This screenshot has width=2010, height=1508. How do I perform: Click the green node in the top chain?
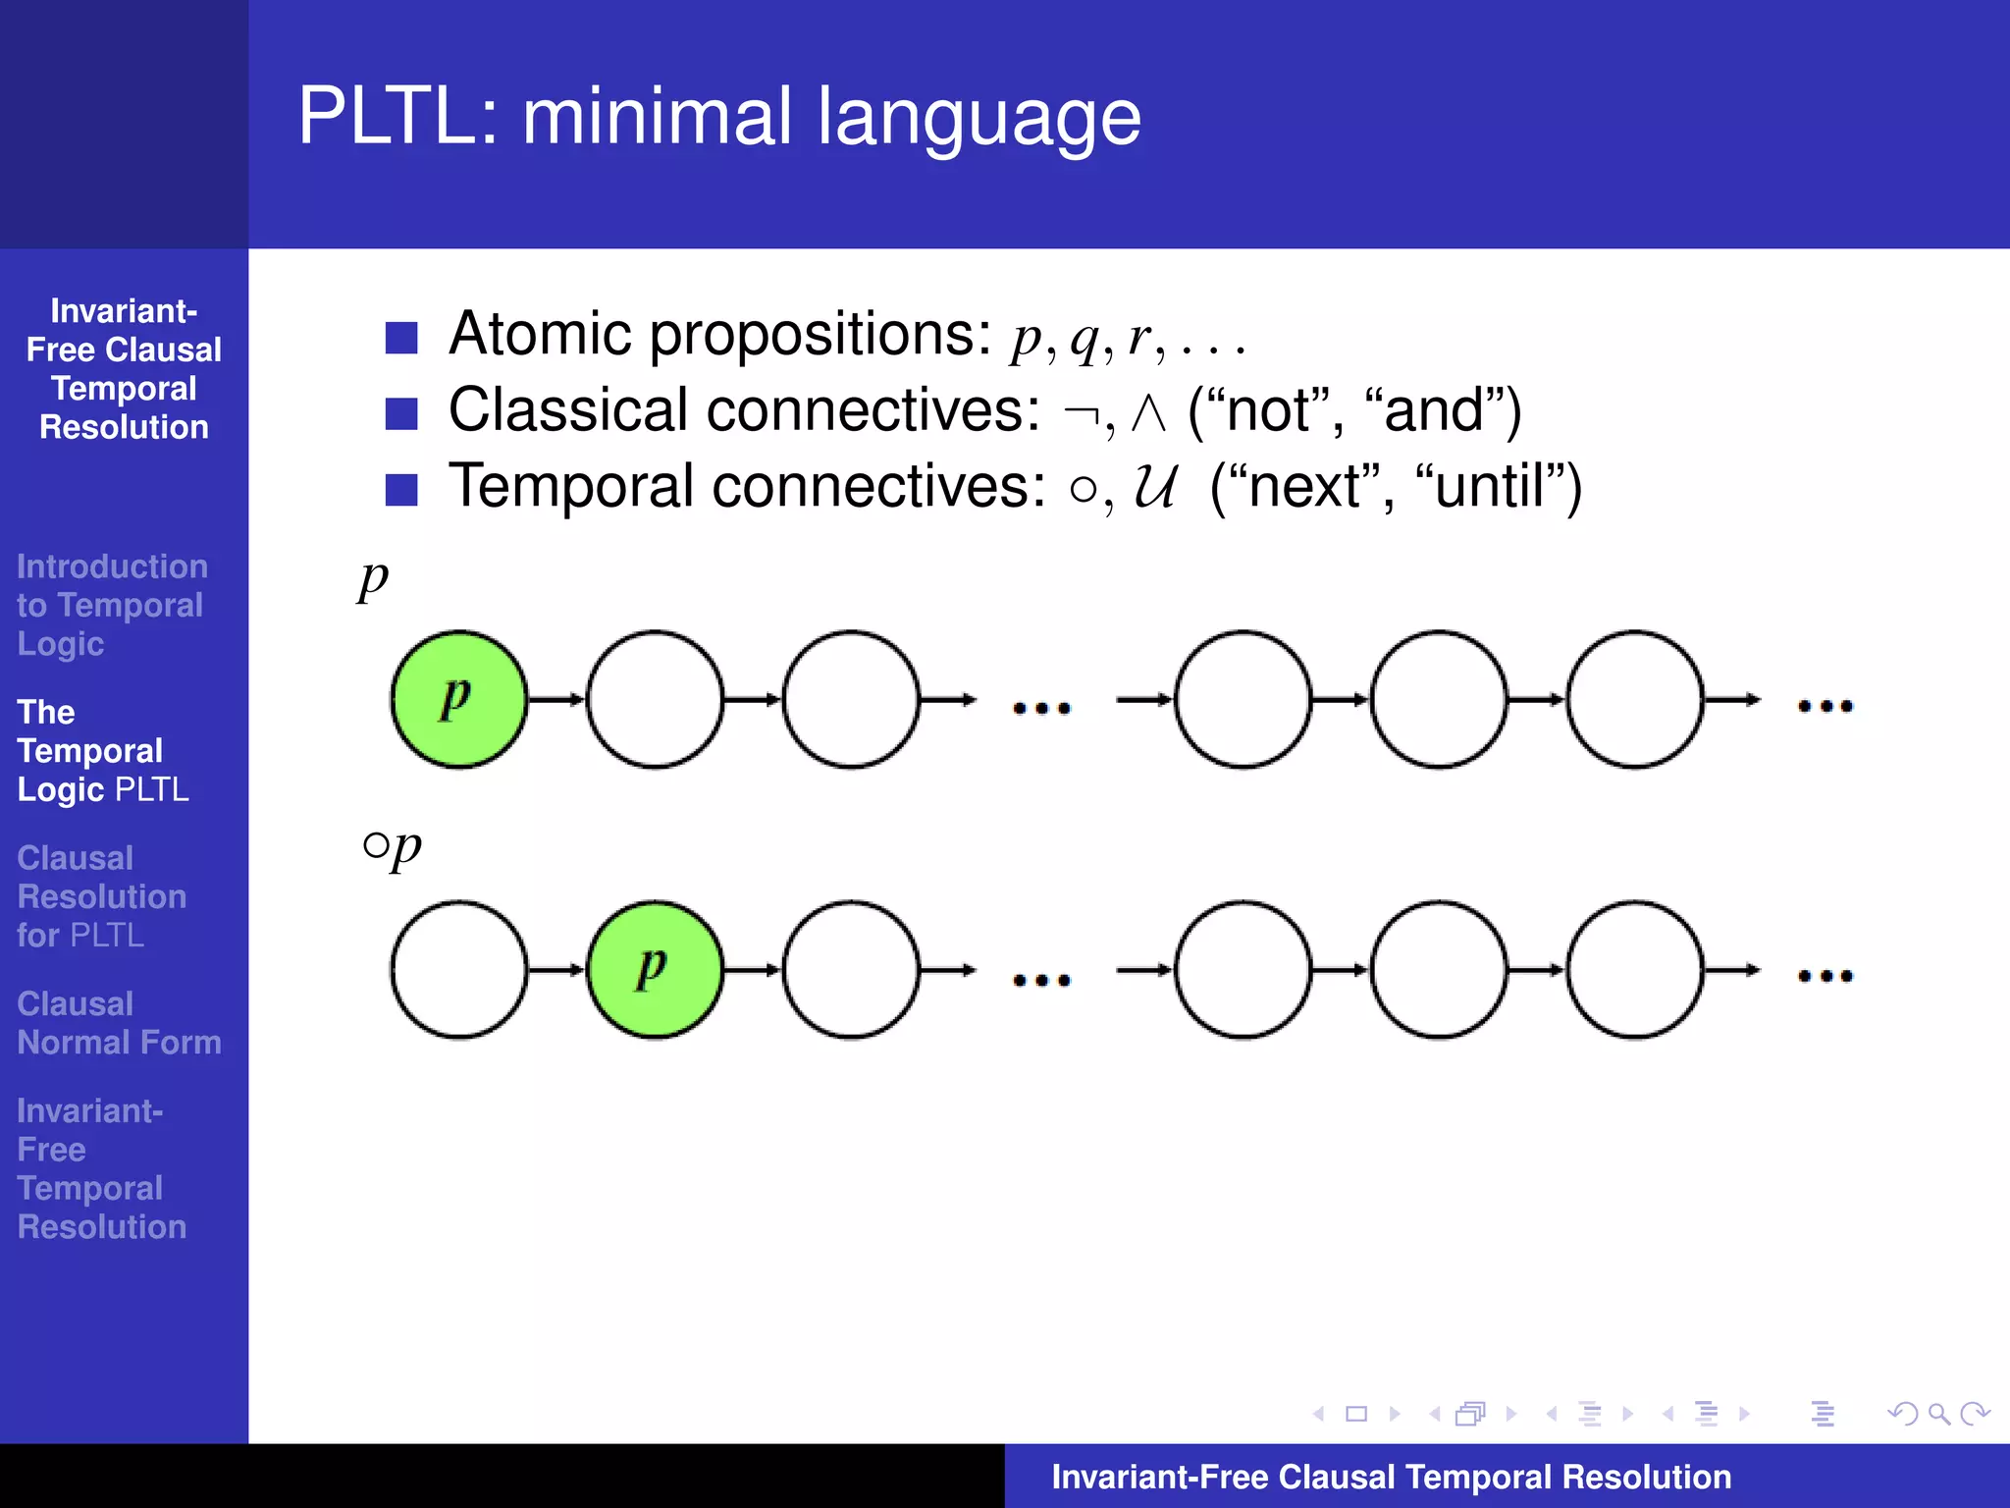(458, 699)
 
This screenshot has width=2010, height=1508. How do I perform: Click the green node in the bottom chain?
(655, 970)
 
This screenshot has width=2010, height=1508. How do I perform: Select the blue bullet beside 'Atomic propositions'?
(401, 338)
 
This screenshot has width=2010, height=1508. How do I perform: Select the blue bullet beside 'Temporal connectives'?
(401, 489)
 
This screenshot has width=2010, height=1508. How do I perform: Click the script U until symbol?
(1154, 486)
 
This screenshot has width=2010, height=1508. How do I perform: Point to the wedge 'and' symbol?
(1147, 412)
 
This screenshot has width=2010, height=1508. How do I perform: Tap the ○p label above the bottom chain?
(392, 846)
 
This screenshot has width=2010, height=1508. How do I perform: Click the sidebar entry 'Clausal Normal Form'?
(119, 1023)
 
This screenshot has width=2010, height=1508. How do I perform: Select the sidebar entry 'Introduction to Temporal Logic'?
(111, 605)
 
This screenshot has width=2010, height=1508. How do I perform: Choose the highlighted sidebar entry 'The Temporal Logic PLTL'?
(102, 751)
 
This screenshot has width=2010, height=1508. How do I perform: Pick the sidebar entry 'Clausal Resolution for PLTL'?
(101, 896)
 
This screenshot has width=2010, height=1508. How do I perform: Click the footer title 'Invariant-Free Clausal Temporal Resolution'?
(1391, 1477)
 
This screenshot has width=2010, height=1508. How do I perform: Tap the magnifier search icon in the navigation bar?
(1938, 1414)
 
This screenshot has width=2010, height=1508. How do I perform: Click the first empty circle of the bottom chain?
(458, 970)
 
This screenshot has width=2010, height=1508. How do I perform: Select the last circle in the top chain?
(1634, 699)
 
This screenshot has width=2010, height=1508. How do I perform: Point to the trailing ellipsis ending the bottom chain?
(1825, 976)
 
